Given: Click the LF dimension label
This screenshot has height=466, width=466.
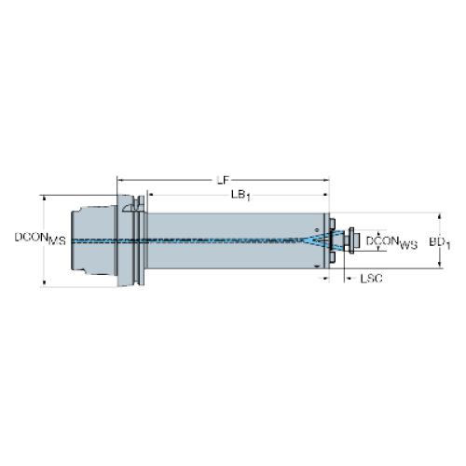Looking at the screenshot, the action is (x=223, y=180).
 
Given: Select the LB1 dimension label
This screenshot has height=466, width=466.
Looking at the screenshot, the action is (x=240, y=196).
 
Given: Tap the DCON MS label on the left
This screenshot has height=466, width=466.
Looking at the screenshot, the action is (x=40, y=239).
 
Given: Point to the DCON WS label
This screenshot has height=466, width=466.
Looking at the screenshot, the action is (x=391, y=242).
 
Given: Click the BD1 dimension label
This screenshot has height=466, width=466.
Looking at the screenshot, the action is (x=440, y=242).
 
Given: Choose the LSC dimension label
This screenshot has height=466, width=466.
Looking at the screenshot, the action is (x=371, y=279).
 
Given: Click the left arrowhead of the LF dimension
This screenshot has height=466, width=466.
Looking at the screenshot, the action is (x=120, y=180).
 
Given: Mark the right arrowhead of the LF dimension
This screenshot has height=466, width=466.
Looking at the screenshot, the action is (x=326, y=180).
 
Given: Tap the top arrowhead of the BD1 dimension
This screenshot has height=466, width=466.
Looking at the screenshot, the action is (x=439, y=216).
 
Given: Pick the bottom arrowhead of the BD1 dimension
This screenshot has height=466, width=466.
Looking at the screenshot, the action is (x=439, y=265).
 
